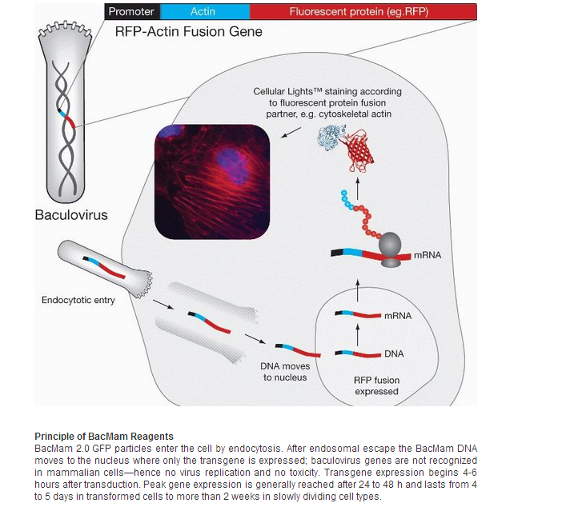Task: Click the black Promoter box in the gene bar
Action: pos(131,11)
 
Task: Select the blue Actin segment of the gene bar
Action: pos(203,11)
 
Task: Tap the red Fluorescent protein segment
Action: pos(363,11)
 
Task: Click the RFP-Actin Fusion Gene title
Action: pos(189,32)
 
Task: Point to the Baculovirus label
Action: pos(71,216)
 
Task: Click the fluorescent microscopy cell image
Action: pos(212,182)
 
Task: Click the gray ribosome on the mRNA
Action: pos(390,247)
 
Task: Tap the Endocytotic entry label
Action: pos(78,301)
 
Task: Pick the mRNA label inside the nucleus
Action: pos(397,316)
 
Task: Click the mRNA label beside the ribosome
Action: pos(427,256)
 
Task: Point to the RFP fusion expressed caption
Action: pos(376,385)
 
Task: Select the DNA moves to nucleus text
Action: pos(284,372)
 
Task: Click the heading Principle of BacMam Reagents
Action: pos(104,437)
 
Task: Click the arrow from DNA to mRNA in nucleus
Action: pos(359,335)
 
